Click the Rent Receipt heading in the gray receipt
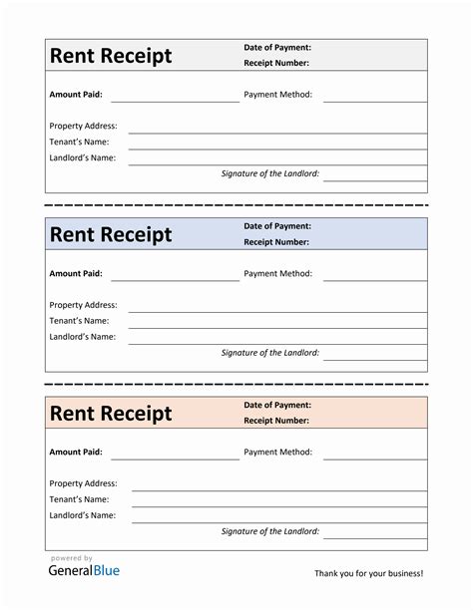111,56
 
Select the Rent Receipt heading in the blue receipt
111,234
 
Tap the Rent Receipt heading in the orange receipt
111,413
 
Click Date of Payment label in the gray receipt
277,47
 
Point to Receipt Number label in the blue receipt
276,241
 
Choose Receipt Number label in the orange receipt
276,420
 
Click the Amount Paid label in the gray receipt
76,95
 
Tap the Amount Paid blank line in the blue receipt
175,279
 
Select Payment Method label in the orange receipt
277,452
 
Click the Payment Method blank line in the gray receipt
374,101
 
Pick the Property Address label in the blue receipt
83,305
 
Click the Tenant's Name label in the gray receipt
79,142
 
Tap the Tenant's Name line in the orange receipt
279,505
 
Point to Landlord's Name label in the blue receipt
82,337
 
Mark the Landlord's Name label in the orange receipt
82,515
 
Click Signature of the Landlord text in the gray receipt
270,173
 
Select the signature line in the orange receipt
374,538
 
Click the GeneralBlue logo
84,570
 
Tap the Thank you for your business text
368,573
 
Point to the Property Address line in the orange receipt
279,489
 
